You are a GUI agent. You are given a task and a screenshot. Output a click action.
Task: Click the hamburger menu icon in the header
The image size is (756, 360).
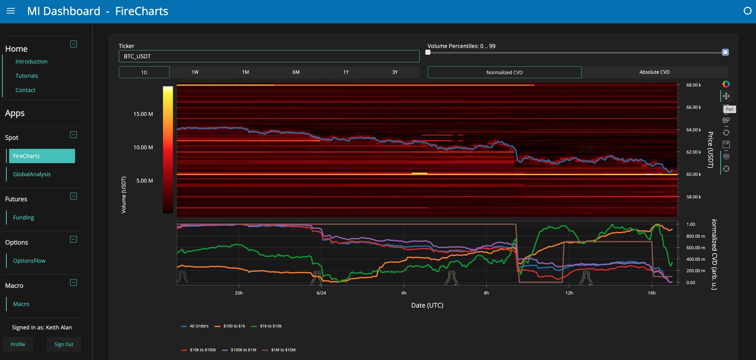tap(11, 11)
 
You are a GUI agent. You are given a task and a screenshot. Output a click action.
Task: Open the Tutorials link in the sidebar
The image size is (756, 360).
tap(27, 76)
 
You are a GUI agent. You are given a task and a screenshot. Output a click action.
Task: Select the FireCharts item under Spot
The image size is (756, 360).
tap(42, 156)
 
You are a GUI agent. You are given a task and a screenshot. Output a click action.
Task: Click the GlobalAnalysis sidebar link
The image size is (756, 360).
tap(32, 174)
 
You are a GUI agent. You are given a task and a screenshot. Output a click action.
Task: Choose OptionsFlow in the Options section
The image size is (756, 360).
tap(29, 261)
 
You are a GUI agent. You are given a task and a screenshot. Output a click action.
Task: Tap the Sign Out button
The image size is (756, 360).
tap(64, 345)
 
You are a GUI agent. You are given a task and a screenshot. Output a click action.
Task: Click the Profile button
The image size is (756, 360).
tap(18, 345)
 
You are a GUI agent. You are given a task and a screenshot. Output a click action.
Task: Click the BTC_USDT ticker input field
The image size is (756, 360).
tap(269, 56)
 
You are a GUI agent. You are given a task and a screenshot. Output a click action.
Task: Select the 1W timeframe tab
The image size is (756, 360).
tap(195, 72)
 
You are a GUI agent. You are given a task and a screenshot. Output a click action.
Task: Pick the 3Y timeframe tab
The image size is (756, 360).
tap(395, 72)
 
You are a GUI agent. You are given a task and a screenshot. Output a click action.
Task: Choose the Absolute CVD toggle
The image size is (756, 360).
tap(654, 72)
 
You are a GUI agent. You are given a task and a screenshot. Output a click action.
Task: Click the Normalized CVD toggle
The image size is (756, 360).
tap(504, 72)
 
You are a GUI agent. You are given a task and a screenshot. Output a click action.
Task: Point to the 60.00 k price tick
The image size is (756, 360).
tap(694, 174)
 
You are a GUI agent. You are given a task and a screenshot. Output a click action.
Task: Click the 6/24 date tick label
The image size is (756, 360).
tap(321, 293)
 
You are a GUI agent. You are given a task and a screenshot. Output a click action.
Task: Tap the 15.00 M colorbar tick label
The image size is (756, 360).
tap(143, 114)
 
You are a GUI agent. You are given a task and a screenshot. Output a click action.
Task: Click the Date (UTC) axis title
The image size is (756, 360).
tap(427, 305)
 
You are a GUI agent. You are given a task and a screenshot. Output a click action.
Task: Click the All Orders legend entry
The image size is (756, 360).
tap(195, 326)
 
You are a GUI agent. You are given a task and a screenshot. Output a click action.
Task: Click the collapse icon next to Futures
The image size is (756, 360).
tap(73, 196)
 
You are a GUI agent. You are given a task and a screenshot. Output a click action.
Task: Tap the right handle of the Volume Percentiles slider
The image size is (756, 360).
tap(725, 52)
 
